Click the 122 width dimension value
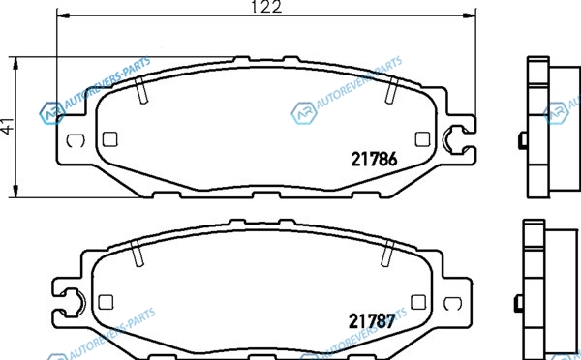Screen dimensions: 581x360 click(266, 7)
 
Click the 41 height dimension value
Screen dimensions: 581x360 click(8, 125)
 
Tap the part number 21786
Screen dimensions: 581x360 click(374, 160)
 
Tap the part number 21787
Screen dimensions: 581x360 click(372, 321)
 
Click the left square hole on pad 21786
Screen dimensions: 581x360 click(110, 139)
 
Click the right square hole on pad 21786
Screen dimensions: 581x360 click(422, 139)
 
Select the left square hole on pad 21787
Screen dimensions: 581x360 click(106, 302)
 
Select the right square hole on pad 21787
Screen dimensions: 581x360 click(418, 302)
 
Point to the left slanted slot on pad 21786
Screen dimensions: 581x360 click(141, 90)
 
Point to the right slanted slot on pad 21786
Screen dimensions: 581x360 click(391, 90)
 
